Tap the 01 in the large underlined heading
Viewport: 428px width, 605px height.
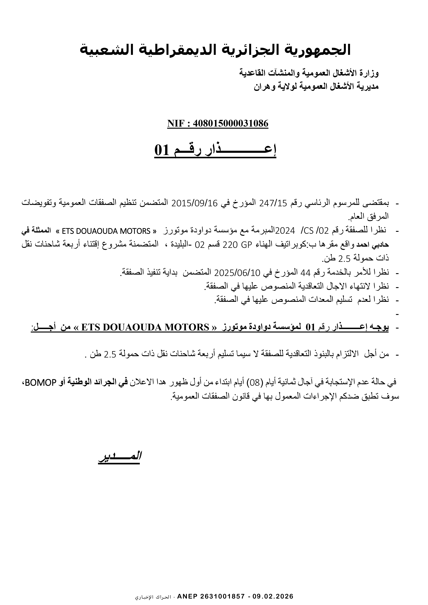[x=161, y=151]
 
